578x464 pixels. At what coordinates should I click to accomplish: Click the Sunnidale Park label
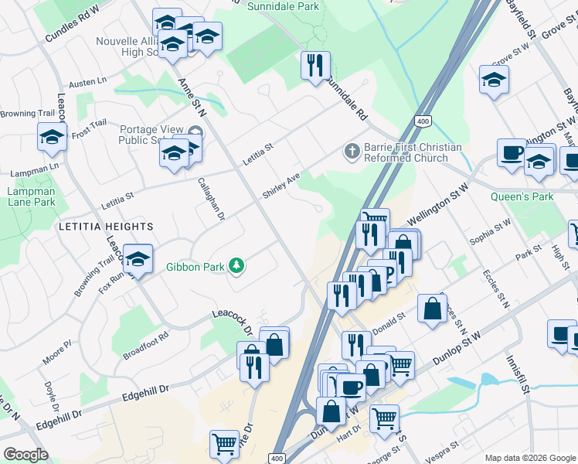283,6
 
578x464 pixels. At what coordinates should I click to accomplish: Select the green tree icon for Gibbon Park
236,268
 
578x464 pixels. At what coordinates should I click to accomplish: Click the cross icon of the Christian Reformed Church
352,152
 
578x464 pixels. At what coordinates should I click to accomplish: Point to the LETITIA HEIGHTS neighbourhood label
105,227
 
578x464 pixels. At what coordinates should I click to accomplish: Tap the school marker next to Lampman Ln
52,138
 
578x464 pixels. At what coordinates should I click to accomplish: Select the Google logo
25,455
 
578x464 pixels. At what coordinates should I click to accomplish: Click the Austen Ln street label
87,81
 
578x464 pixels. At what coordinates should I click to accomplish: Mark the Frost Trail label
89,128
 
